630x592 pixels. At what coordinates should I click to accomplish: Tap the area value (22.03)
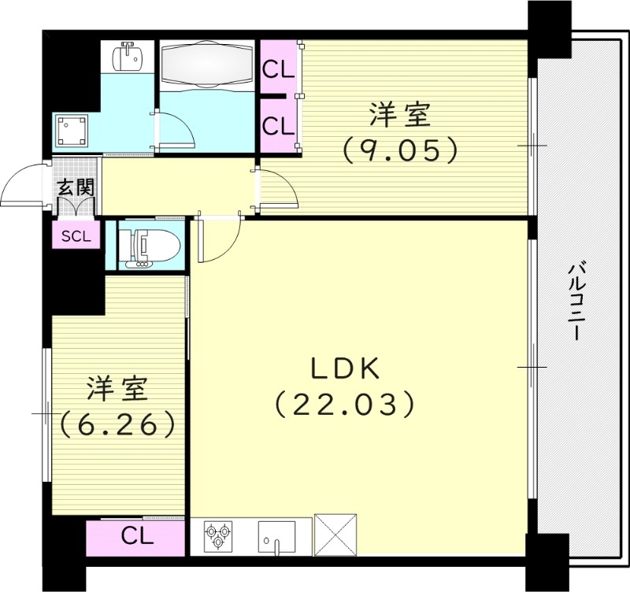point(345,405)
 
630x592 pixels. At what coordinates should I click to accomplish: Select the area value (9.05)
point(399,149)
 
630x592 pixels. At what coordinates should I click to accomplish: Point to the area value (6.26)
point(117,424)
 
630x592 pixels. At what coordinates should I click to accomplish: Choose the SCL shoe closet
point(76,235)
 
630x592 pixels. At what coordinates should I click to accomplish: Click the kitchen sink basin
point(276,537)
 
